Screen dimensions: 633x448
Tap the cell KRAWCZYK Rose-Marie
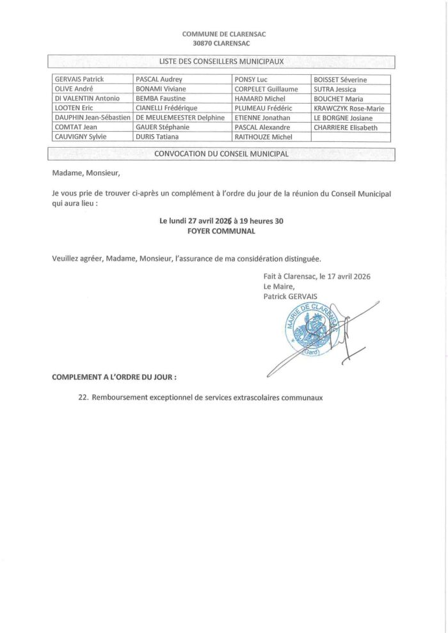(x=349, y=108)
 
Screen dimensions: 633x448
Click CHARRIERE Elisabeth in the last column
(x=346, y=127)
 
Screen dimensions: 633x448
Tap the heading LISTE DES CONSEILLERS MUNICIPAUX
(x=221, y=61)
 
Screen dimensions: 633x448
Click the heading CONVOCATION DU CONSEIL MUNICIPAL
(x=222, y=154)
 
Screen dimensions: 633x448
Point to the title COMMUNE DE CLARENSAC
(x=221, y=33)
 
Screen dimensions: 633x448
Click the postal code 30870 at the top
(x=203, y=43)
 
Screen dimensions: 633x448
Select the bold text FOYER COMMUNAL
(x=221, y=231)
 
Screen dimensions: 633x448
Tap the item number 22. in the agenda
(x=81, y=397)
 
